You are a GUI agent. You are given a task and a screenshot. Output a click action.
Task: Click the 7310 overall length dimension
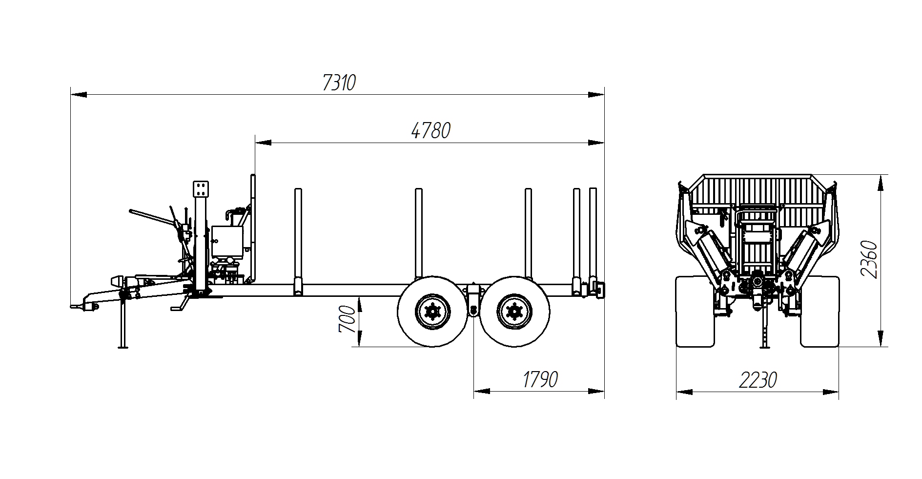339,83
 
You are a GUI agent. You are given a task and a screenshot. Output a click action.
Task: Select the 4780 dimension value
430,131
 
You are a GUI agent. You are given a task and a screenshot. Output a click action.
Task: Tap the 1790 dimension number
540,379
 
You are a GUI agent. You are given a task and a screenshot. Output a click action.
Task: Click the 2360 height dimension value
869,259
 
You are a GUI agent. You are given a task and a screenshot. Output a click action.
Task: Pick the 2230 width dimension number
758,380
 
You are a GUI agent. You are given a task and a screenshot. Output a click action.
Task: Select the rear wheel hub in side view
514,311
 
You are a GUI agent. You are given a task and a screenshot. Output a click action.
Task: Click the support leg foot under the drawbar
123,347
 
